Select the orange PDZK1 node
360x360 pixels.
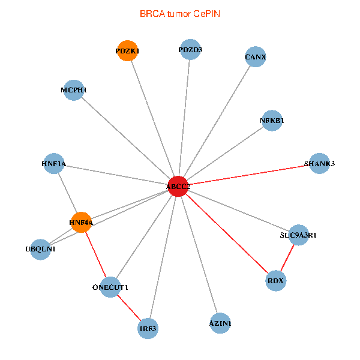pyautogui.click(x=127, y=51)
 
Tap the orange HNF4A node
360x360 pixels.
pyautogui.click(x=81, y=223)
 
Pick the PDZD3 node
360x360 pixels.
pyautogui.click(x=190, y=49)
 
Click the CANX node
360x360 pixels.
pyautogui.click(x=256, y=57)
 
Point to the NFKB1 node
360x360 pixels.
pyautogui.click(x=272, y=120)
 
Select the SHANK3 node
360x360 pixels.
pyautogui.click(x=319, y=164)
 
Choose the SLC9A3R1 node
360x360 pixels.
pyautogui.click(x=298, y=235)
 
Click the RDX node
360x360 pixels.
pyautogui.click(x=275, y=280)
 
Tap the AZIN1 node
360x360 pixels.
pyautogui.click(x=220, y=323)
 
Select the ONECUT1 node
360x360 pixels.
pyautogui.click(x=110, y=287)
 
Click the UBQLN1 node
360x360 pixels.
pyautogui.click(x=40, y=249)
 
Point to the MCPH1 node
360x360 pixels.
pyautogui.click(x=73, y=90)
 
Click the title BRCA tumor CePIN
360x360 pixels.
pyautogui.click(x=179, y=13)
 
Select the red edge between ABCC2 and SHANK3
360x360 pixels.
pyautogui.click(x=248, y=175)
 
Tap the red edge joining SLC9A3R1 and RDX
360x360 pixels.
pyautogui.click(x=287, y=257)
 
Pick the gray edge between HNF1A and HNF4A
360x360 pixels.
pyautogui.click(x=67, y=193)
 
